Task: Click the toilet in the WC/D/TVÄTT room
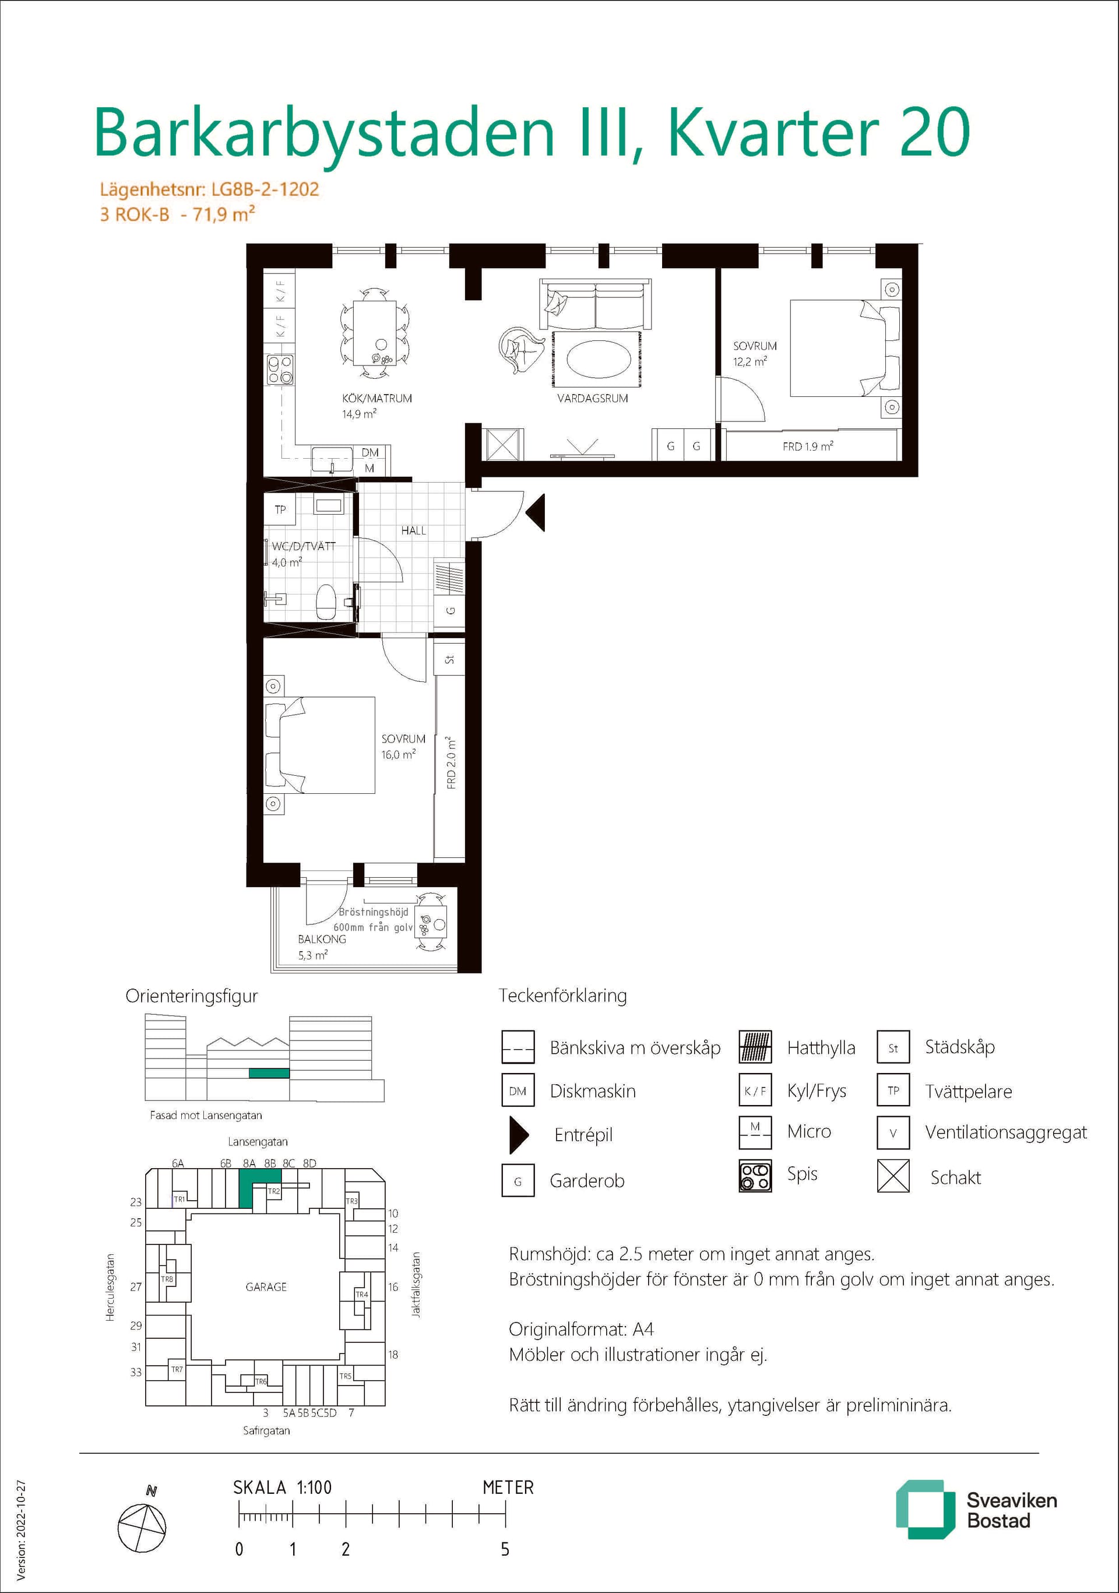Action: click(326, 602)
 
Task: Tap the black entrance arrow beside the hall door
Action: click(536, 513)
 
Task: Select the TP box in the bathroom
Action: click(280, 509)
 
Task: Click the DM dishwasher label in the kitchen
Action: click(370, 452)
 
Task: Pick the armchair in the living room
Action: click(522, 349)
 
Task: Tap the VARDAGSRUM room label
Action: click(593, 398)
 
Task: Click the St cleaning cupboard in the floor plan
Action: click(449, 659)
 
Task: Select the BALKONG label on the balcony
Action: click(322, 939)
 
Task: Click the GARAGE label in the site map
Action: click(266, 1287)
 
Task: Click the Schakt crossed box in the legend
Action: click(893, 1176)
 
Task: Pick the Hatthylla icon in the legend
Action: click(755, 1047)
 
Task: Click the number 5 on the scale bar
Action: click(505, 1550)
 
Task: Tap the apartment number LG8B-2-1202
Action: click(265, 189)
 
